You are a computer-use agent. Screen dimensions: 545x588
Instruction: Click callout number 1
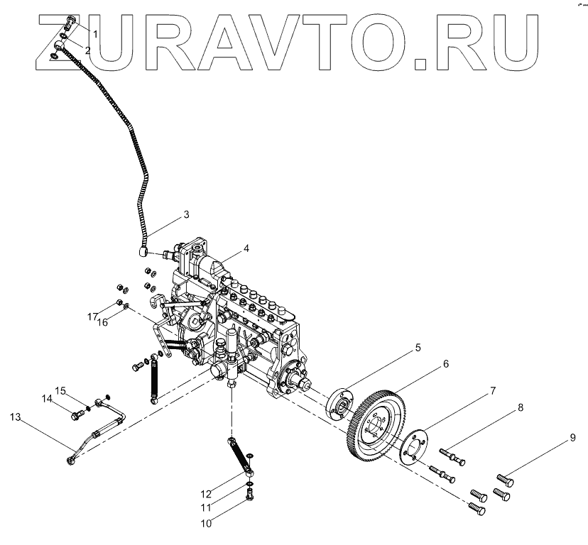click(95, 34)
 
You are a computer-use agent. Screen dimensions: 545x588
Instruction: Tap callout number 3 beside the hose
click(186, 214)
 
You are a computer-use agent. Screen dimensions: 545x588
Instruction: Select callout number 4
click(246, 248)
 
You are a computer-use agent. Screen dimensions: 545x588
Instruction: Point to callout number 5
click(418, 348)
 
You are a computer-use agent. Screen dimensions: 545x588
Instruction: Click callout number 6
click(445, 364)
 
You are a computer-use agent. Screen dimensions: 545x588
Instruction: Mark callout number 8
click(520, 408)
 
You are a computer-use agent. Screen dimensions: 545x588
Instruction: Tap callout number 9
click(572, 439)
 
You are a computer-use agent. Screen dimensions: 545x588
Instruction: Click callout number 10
click(207, 524)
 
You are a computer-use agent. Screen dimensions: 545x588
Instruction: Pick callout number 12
click(205, 494)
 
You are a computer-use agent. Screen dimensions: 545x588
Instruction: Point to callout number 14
click(47, 399)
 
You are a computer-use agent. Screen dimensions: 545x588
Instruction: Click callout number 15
click(61, 390)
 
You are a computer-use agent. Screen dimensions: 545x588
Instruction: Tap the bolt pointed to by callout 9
click(505, 482)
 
